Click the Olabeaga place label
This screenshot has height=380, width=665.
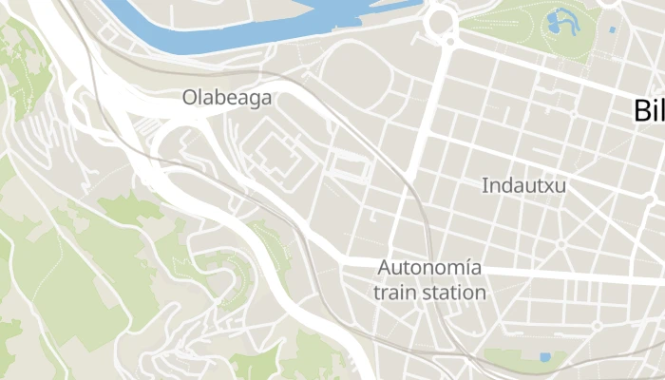pyautogui.click(x=227, y=97)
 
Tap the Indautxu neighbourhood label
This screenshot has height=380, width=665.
pyautogui.click(x=523, y=185)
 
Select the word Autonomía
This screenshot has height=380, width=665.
pyautogui.click(x=429, y=268)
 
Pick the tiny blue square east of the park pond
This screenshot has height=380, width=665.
pyautogui.click(x=613, y=30)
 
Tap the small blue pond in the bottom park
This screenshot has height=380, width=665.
pyautogui.click(x=544, y=357)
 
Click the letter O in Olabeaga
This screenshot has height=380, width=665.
pyautogui.click(x=190, y=97)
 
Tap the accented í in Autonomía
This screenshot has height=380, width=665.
pyautogui.click(x=466, y=268)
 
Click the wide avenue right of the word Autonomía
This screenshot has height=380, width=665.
pyautogui.click(x=570, y=274)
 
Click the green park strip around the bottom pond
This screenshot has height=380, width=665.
pyautogui.click(x=518, y=359)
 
